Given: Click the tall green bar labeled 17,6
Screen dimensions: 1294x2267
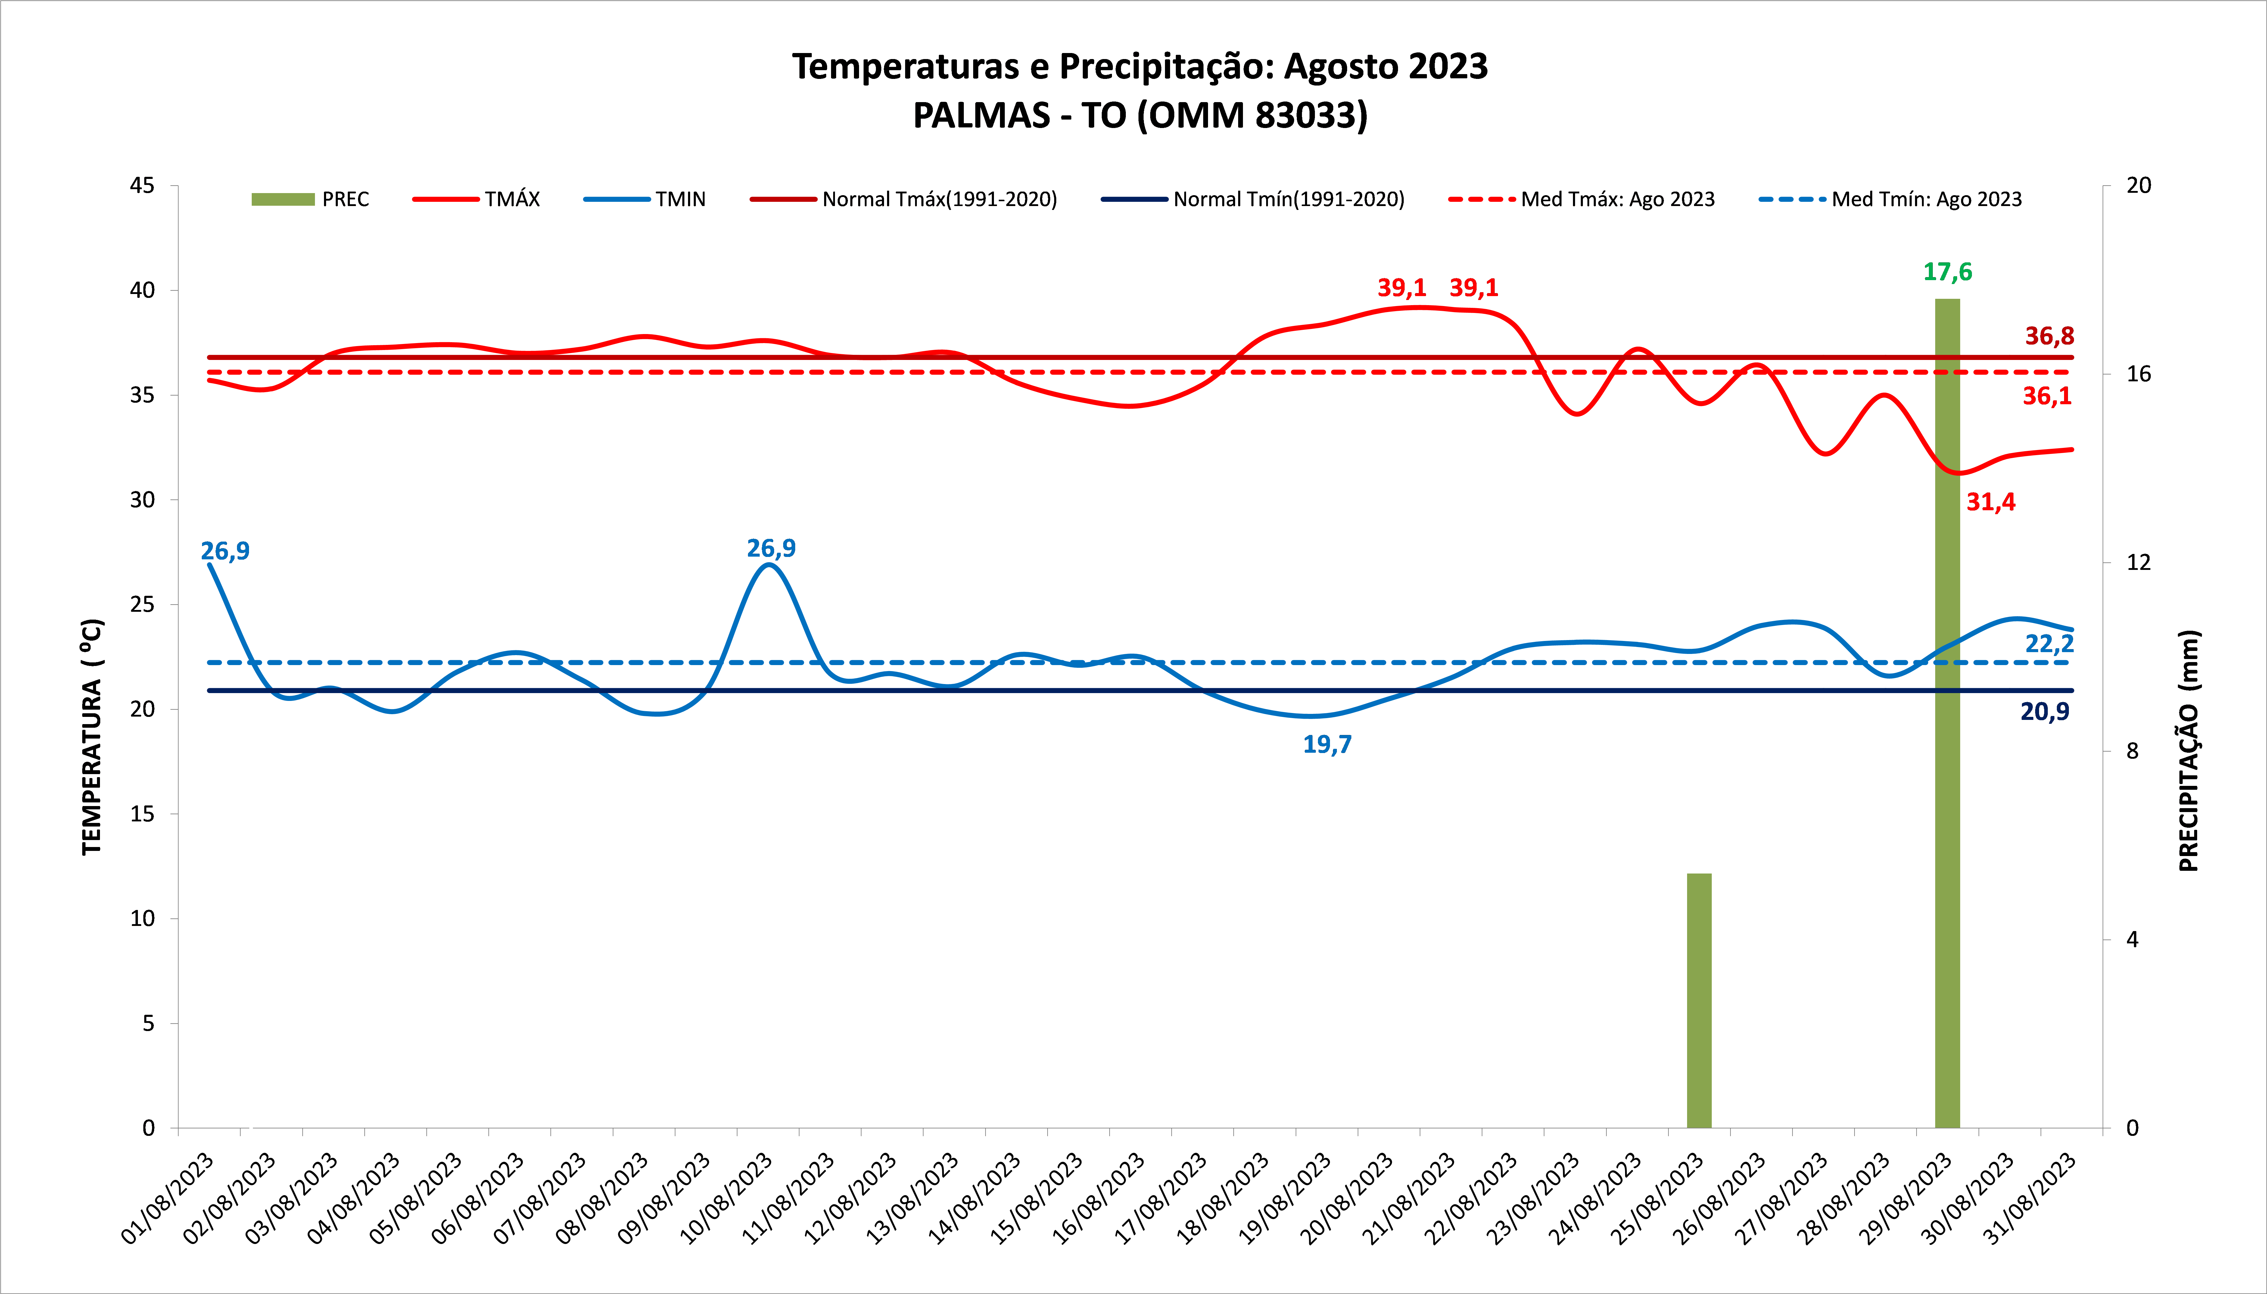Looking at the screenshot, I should click(1947, 711).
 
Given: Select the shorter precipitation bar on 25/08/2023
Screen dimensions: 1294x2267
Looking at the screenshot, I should click(1699, 1000).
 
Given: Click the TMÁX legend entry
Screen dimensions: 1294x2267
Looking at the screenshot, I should click(477, 199).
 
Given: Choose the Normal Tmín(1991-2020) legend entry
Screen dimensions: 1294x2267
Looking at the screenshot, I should click(1253, 199).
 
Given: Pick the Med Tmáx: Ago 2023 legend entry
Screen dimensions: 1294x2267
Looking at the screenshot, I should click(1581, 199).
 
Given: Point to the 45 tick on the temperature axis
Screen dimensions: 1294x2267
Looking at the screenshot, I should click(142, 186).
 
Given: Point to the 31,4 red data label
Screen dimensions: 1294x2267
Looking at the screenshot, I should click(1991, 502).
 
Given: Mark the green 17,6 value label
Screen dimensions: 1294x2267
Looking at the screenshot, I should click(1947, 272).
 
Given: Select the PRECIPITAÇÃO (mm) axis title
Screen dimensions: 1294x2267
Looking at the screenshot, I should click(2189, 751).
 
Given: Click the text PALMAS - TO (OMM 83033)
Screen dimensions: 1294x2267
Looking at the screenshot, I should click(1140, 116).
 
